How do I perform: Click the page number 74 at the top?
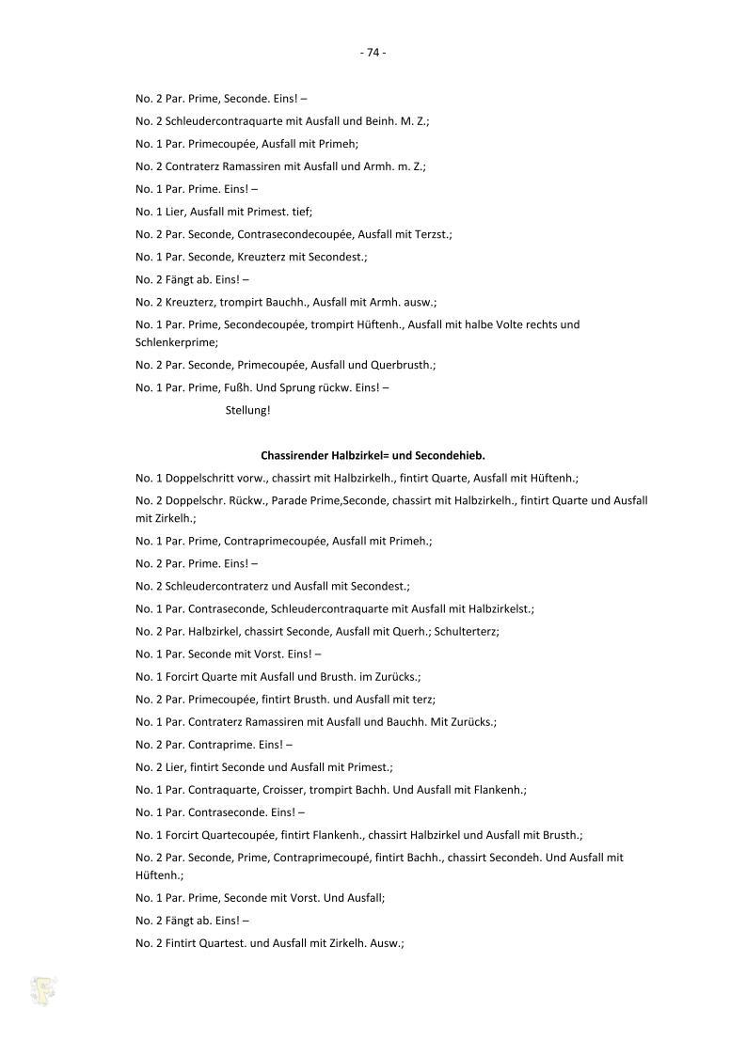(373, 53)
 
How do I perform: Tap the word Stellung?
(248, 411)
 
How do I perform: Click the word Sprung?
(297, 387)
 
